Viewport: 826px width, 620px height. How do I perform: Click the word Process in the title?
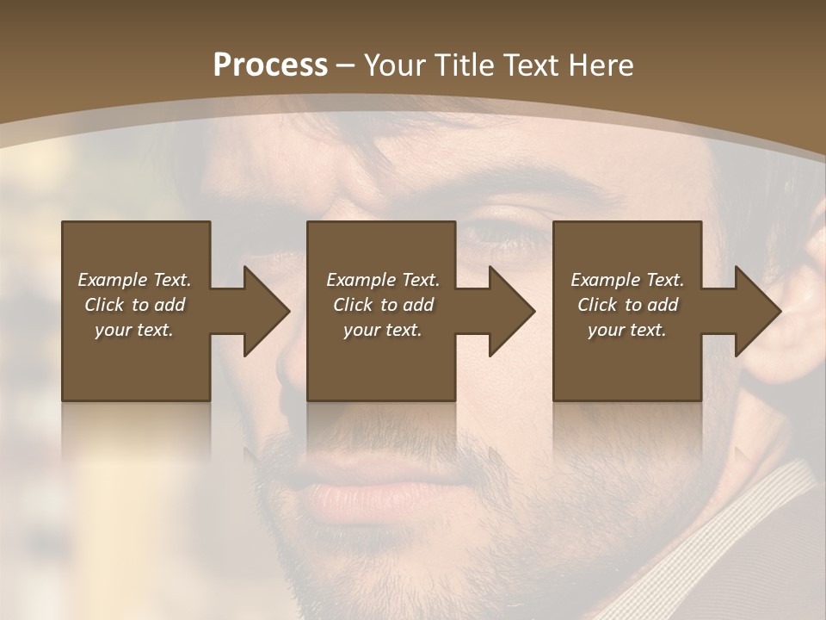(x=270, y=65)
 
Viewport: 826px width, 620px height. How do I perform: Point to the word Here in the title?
(x=601, y=65)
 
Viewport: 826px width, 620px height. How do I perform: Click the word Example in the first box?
(x=112, y=280)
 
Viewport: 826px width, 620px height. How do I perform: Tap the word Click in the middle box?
(x=351, y=305)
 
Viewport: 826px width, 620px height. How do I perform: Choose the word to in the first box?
(x=140, y=305)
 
